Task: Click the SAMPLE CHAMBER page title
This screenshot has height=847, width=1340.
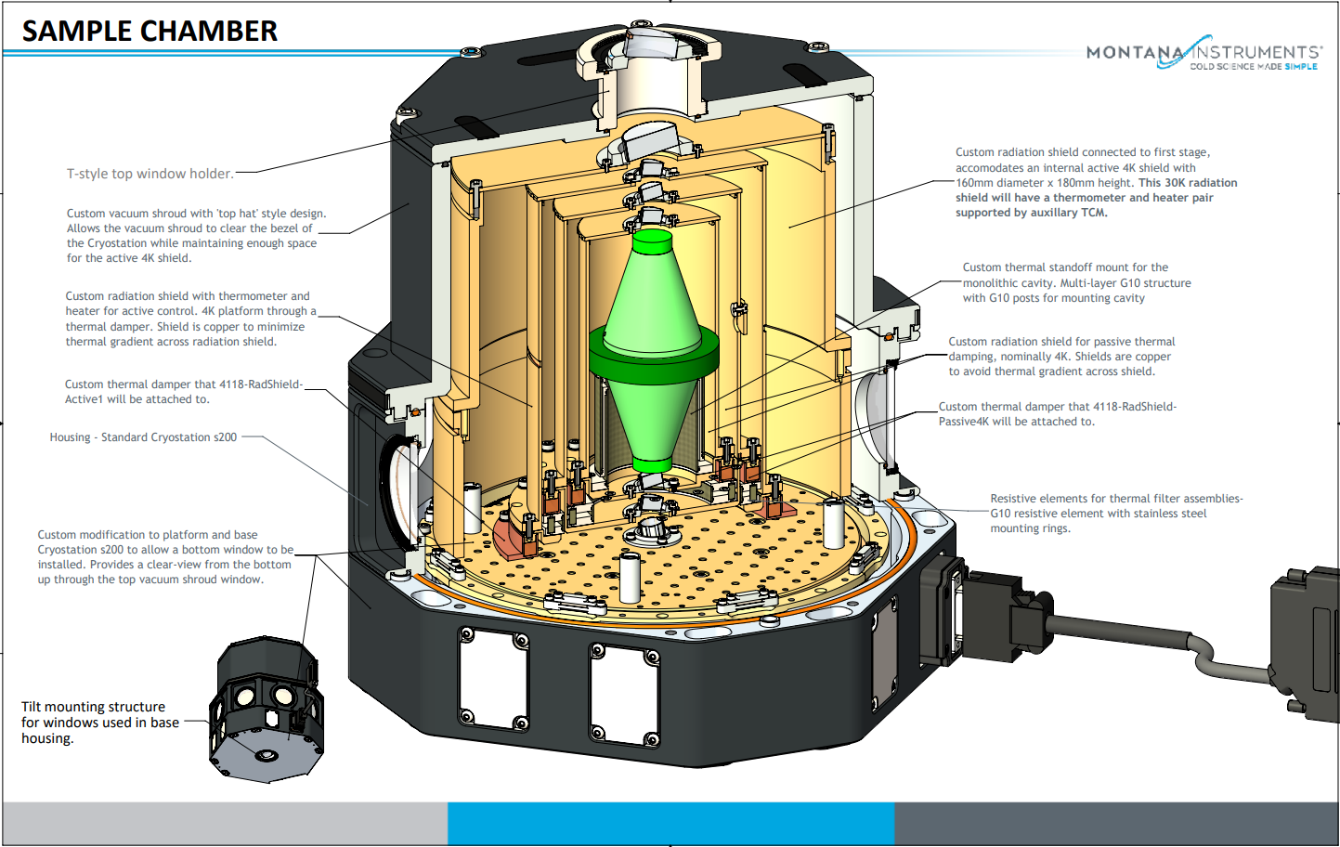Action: [150, 31]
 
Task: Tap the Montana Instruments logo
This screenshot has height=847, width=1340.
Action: [1203, 55]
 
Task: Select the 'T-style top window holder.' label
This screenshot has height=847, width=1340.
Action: [150, 174]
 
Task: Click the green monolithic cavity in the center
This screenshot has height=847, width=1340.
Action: [653, 353]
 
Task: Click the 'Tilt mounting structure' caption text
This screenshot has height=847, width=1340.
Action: [94, 707]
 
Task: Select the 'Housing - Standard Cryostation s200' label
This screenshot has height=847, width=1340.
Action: [143, 437]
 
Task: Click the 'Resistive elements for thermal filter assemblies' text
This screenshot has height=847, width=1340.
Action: [1115, 499]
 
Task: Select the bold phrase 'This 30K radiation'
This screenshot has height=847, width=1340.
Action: [1188, 183]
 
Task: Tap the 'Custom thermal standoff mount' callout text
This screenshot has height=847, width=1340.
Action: [1065, 267]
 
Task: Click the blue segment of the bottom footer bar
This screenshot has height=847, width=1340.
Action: [670, 823]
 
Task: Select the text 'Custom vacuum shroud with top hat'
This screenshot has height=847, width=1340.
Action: [196, 214]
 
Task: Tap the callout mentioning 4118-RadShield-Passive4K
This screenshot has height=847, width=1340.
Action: [1057, 414]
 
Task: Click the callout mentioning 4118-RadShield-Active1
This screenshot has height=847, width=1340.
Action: [183, 392]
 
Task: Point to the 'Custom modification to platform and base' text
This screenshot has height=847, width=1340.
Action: [148, 535]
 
